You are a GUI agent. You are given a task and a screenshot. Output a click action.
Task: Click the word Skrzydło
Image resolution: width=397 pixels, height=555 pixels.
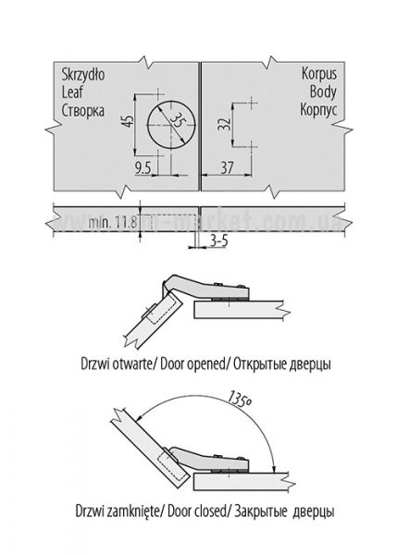[x=83, y=76]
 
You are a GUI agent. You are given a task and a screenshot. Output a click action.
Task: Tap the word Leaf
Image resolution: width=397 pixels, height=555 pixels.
[x=72, y=92]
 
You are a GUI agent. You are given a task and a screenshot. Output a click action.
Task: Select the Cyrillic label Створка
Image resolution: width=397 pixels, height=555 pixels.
[x=83, y=110]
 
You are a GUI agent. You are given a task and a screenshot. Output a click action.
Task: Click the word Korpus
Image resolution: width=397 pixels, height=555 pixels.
[x=319, y=74]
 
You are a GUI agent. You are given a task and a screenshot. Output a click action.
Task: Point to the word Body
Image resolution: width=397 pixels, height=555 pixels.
[x=323, y=92]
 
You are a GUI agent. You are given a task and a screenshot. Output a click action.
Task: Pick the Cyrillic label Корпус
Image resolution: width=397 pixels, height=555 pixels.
[x=318, y=110]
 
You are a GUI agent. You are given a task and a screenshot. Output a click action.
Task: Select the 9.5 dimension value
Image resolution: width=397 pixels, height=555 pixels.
[x=143, y=167]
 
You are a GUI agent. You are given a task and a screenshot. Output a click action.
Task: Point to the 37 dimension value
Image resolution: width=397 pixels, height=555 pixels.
[x=227, y=167]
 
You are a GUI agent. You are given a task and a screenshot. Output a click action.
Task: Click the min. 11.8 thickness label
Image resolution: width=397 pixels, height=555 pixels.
[x=113, y=223]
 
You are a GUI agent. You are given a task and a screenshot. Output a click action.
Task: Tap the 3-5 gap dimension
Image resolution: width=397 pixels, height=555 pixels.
[x=219, y=241]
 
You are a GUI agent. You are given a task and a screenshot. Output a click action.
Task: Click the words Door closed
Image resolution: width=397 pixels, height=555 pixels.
[x=196, y=512]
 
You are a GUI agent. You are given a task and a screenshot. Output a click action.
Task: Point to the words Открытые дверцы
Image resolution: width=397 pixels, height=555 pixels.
[x=282, y=364]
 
